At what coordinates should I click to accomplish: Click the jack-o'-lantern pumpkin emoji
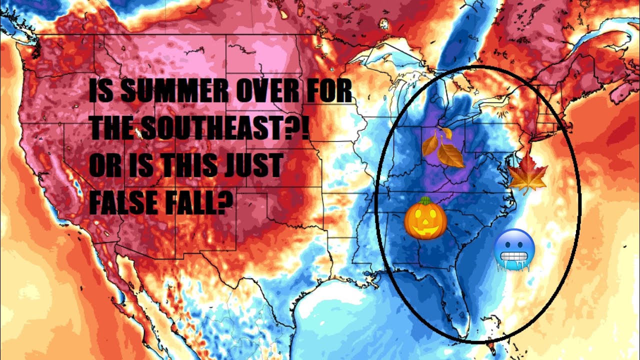point(425,219)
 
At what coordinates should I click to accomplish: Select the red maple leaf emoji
point(527,173)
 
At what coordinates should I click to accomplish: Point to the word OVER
point(260,93)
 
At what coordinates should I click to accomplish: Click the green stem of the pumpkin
point(424,201)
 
